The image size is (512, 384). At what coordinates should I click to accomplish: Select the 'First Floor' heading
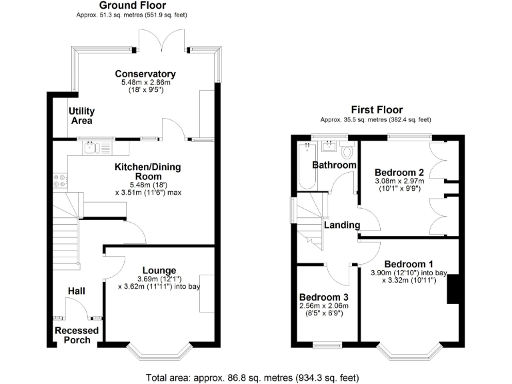coord(377,110)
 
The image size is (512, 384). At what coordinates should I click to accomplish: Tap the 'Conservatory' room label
coord(145,74)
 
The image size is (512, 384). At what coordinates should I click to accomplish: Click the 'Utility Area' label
coord(83,116)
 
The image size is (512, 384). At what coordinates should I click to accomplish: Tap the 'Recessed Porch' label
coord(77,335)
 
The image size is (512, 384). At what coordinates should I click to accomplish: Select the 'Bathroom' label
coord(335,165)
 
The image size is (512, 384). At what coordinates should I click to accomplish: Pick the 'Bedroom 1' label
coord(409,263)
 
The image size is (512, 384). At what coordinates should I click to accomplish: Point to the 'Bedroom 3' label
coord(323,297)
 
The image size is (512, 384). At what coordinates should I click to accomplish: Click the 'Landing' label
coord(342,225)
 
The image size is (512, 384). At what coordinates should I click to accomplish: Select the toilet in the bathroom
coord(345,151)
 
